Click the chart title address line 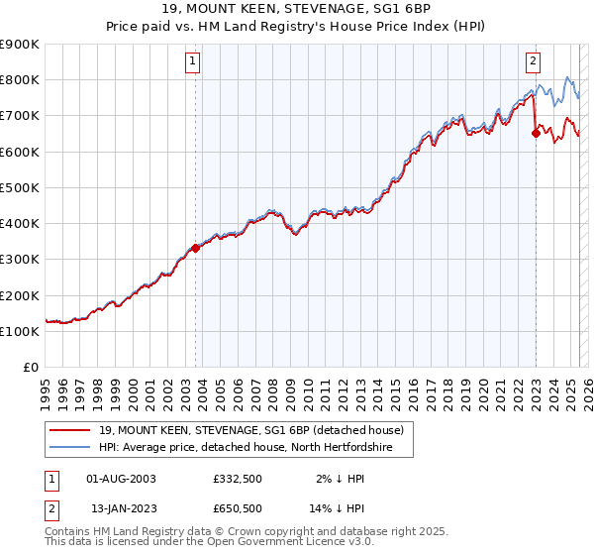point(297,10)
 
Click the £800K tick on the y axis point(20,80)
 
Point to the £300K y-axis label point(20,260)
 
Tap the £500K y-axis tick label point(20,187)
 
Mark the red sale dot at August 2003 point(195,249)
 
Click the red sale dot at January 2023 point(536,135)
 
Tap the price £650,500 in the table point(237,508)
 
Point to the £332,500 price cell point(237,479)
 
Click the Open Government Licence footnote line point(208,543)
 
